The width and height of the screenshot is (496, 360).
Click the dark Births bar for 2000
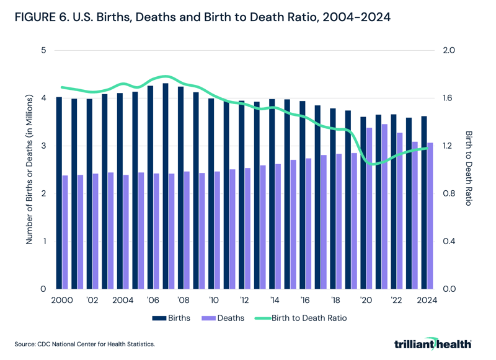point(59,193)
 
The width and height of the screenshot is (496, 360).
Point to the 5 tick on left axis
point(43,50)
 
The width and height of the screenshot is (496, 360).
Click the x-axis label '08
point(184,301)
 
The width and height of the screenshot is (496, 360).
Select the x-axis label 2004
point(123,301)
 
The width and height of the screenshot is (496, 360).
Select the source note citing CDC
point(85,343)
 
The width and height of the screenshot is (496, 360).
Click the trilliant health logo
point(432,343)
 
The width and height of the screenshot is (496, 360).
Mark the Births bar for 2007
point(165,186)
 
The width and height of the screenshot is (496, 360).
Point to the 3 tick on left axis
point(43,146)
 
